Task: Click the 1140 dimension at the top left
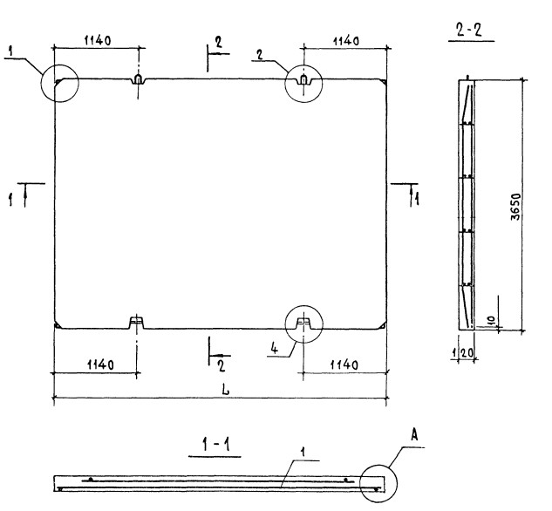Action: coord(102,40)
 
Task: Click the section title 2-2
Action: coord(470,32)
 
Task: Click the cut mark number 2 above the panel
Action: coord(219,44)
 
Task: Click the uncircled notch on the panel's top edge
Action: coord(137,80)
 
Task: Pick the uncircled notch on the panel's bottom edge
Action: coord(136,323)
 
